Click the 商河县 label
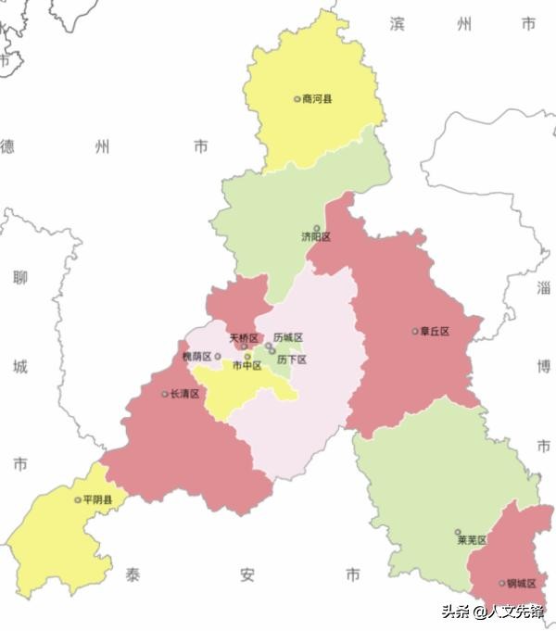point(317,99)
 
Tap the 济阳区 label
point(316,237)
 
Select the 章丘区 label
point(435,332)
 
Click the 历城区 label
point(288,338)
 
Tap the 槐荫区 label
point(196,356)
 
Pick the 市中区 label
point(247,366)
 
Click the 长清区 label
point(184,394)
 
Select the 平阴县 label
point(97,500)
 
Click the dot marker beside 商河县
point(297,99)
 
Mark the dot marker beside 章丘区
point(415,332)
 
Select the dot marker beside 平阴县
point(78,500)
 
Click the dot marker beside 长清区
point(165,394)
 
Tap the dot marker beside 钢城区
point(502,584)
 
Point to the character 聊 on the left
point(20,277)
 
